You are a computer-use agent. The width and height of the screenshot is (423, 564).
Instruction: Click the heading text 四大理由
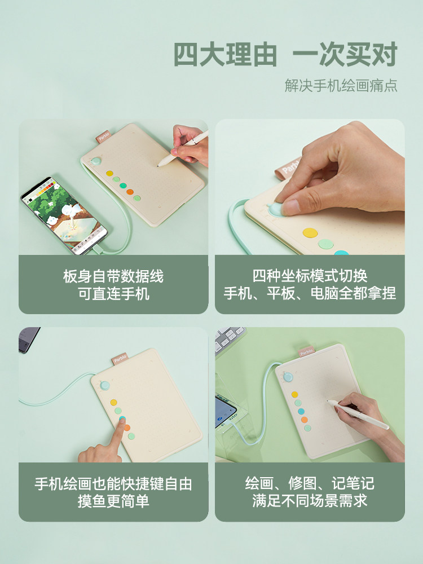[225, 54]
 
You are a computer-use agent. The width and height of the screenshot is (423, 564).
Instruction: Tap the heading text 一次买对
[345, 54]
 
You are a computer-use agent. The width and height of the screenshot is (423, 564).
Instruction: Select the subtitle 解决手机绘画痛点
[341, 86]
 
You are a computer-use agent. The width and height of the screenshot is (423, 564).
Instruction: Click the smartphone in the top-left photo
[64, 215]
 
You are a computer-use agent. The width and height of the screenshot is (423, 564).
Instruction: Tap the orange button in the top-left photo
[130, 192]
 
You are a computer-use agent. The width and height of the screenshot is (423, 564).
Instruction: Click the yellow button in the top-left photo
[110, 173]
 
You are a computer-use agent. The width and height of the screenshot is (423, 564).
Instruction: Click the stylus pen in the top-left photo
[183, 148]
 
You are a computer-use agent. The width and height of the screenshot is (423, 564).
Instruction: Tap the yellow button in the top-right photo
[310, 233]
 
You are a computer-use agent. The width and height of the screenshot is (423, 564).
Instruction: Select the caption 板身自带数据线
[113, 276]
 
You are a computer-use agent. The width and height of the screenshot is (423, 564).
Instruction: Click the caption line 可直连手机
[114, 294]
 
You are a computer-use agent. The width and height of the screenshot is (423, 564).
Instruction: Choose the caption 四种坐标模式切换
[310, 276]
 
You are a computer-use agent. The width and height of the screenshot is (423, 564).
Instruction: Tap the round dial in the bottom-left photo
[105, 385]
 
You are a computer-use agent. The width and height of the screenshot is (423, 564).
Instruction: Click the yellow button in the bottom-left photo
[114, 402]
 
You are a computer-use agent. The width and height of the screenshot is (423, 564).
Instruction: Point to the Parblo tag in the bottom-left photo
[120, 359]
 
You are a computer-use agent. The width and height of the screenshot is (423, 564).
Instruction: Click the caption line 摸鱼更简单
[114, 501]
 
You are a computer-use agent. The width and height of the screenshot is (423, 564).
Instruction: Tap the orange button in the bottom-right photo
[305, 420]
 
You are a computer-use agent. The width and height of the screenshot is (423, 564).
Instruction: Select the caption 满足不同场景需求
[310, 501]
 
